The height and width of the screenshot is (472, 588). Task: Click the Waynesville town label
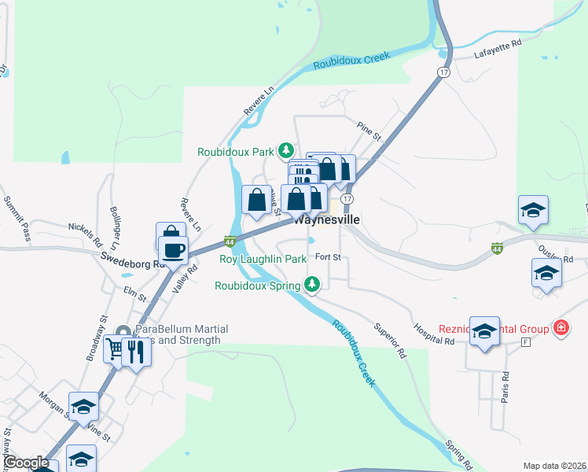click(326, 220)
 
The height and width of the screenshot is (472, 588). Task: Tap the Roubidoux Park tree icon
click(287, 149)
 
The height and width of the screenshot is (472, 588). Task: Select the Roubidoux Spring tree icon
click(313, 284)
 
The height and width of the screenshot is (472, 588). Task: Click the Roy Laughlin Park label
click(263, 259)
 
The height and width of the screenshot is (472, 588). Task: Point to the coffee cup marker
click(173, 251)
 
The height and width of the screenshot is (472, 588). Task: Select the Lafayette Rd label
click(498, 51)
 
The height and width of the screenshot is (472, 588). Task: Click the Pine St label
click(368, 131)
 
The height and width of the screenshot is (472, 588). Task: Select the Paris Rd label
click(505, 384)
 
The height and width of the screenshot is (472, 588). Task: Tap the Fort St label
click(327, 256)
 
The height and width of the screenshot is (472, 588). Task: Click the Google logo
click(26, 463)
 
